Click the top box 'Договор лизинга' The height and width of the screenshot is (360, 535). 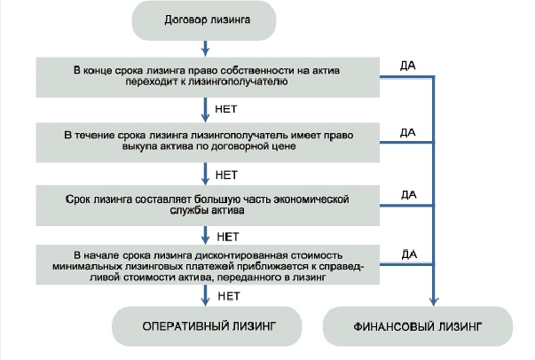206,19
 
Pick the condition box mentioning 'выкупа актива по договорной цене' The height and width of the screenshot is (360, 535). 206,139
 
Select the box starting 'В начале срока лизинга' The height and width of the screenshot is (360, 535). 206,264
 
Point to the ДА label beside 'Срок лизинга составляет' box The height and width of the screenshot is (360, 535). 408,194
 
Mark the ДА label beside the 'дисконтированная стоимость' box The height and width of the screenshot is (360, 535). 408,254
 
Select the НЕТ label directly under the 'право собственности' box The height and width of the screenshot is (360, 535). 227,107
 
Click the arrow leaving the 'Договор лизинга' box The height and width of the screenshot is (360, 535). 206,45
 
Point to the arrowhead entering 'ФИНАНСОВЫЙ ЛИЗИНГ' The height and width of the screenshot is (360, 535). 433,302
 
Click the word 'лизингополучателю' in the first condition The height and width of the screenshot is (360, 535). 261,80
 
